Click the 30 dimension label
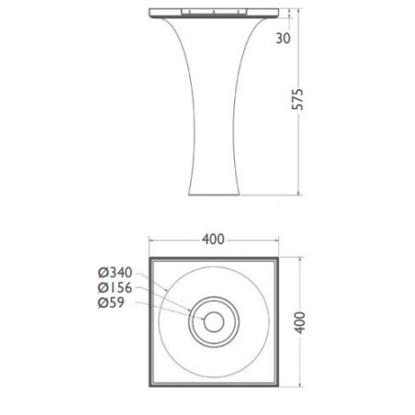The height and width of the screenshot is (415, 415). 283,39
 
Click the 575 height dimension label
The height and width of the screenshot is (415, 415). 297,99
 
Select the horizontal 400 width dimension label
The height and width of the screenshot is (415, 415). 213,240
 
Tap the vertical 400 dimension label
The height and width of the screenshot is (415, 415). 299,322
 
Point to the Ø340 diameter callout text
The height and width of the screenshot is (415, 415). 115,272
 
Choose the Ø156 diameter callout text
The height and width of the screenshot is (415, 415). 115,287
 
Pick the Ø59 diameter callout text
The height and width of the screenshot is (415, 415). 111,302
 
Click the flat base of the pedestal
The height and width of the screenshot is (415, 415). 214,195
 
